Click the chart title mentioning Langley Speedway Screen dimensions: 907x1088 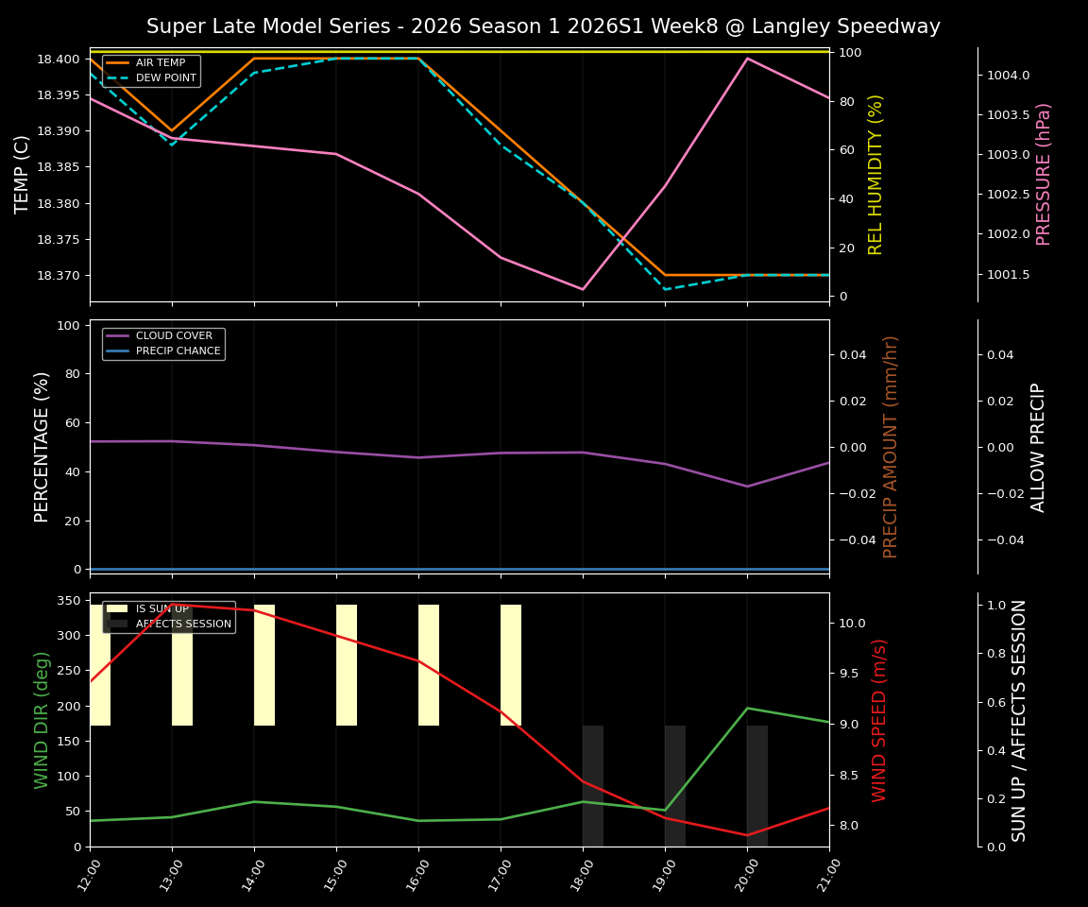pos(543,26)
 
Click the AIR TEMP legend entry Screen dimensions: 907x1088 pos(159,62)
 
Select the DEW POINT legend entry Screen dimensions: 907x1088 pos(165,78)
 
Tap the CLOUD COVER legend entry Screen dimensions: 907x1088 pos(173,335)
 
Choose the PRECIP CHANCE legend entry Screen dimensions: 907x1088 pos(178,351)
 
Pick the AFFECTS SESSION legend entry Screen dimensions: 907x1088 pos(183,625)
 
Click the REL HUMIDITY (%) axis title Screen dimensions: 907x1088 pos(875,175)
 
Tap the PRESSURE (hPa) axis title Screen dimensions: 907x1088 pos(1044,175)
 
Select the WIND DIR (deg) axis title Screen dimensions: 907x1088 pos(42,720)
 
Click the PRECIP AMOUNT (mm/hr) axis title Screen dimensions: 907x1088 pos(891,447)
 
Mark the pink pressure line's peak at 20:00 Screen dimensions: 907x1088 pos(747,59)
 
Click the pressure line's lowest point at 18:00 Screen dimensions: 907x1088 pos(583,289)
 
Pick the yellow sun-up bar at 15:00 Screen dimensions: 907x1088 pos(347,665)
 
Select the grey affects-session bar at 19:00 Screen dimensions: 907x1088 pos(675,786)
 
